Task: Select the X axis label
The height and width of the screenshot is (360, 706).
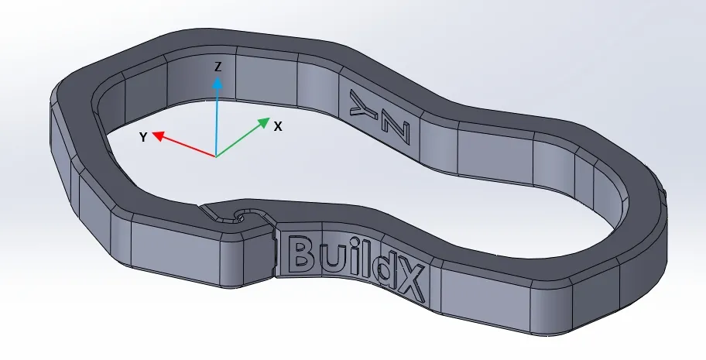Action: pyautogui.click(x=277, y=125)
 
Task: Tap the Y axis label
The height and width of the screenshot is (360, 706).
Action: pyautogui.click(x=143, y=137)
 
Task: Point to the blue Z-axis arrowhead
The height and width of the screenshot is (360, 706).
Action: pyautogui.click(x=218, y=80)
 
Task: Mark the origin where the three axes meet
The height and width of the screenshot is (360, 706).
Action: pyautogui.click(x=216, y=156)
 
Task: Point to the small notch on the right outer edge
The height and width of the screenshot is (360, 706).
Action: pyautogui.click(x=664, y=187)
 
